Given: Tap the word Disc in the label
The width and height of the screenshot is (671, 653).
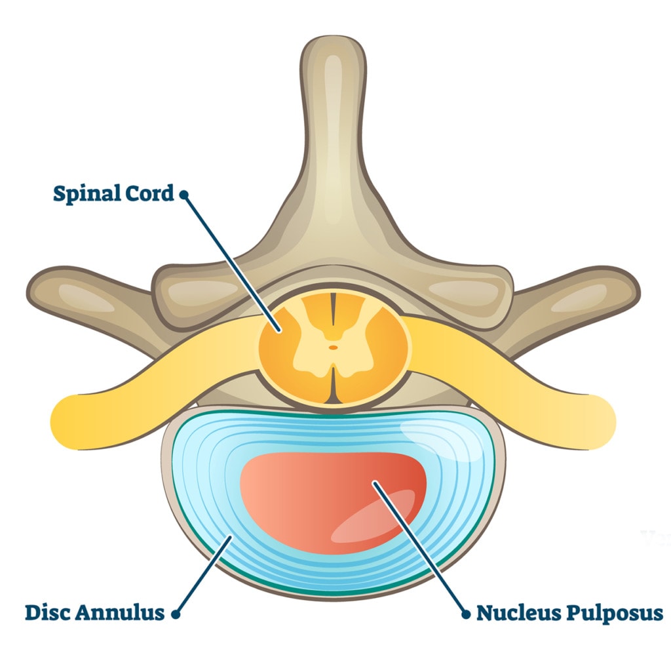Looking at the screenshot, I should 48,613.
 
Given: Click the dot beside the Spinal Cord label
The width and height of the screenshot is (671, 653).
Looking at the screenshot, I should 184,194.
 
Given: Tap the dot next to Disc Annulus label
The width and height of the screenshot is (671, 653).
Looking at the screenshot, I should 175,614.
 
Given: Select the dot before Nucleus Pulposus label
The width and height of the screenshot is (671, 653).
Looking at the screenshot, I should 466,614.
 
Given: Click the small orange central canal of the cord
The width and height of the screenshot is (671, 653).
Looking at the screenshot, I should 334,347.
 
